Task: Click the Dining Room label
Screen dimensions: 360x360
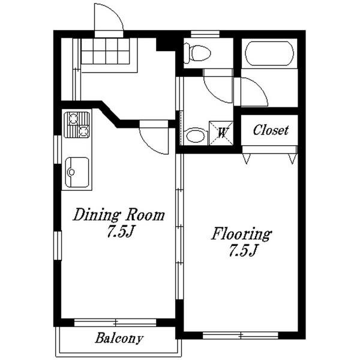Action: coord(119,215)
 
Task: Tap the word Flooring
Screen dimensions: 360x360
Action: coord(241,234)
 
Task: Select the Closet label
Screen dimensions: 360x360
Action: coord(271,130)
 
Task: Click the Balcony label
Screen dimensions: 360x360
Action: coord(119,338)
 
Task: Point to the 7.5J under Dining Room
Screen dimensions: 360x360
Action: coord(121,232)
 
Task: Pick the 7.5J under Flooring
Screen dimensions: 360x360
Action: coord(242,250)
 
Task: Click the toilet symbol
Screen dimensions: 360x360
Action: coord(197,53)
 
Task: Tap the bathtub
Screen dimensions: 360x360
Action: coord(269,53)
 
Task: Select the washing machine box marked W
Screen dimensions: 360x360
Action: coord(221,133)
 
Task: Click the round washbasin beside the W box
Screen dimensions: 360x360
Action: coord(196,136)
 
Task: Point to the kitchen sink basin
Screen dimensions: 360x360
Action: coord(77,172)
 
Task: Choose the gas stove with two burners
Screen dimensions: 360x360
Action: coord(77,125)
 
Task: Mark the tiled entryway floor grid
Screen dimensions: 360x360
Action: coord(106,51)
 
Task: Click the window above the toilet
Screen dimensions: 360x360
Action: coord(205,34)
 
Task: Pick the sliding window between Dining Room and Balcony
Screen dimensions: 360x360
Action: coord(115,323)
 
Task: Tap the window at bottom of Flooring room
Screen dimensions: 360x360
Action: coord(241,335)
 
